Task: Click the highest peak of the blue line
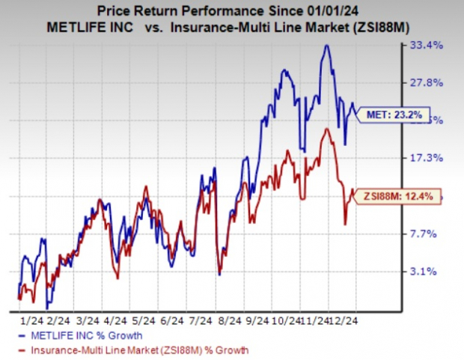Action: pos(325,46)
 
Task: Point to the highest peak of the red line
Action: pos(326,129)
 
